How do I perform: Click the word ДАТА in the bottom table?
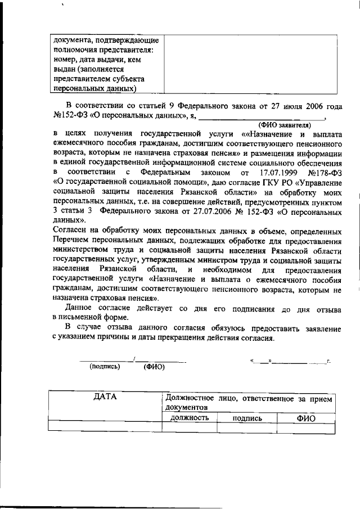105,398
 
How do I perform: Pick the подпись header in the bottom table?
247,418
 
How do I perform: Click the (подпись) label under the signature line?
105,366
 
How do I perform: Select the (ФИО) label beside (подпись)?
154,366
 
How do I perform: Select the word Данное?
83,308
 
